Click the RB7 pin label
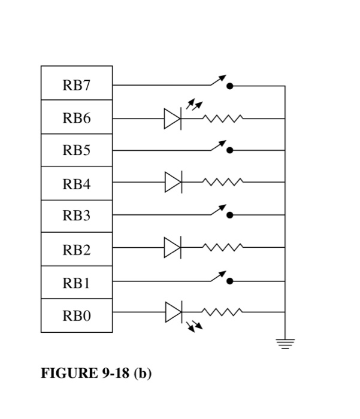point(77,85)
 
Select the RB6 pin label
point(77,118)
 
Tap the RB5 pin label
point(77,150)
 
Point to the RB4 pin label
point(77,184)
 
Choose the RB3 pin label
point(77,215)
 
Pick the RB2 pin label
point(77,250)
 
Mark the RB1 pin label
point(77,283)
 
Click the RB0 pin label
point(77,315)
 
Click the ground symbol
point(285,344)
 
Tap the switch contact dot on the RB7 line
point(230,86)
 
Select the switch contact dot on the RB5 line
point(230,150)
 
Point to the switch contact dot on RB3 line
point(230,215)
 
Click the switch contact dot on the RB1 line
point(230,281)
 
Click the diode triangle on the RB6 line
point(173,119)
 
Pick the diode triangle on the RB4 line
point(173,182)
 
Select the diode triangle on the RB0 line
point(174,312)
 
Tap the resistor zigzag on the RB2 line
point(223,247)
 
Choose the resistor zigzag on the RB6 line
point(223,119)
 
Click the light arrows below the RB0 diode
point(195,326)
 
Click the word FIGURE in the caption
point(69,373)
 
